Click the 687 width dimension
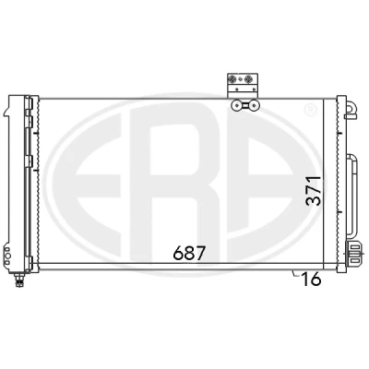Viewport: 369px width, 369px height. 189,254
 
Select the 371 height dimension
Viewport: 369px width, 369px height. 314,191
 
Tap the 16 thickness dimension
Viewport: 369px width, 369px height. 312,280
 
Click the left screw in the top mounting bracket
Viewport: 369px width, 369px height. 232,80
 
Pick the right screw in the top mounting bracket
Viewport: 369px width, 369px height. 248,80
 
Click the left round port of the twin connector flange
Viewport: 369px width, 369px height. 236,105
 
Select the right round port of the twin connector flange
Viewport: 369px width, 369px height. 255,105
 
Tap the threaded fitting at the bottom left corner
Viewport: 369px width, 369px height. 19,280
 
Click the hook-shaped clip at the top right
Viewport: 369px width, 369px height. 351,110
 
